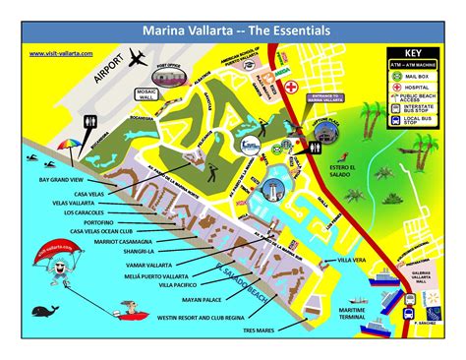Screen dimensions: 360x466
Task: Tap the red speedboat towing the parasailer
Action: point(125,316)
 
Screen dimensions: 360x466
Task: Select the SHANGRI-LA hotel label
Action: point(145,251)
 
